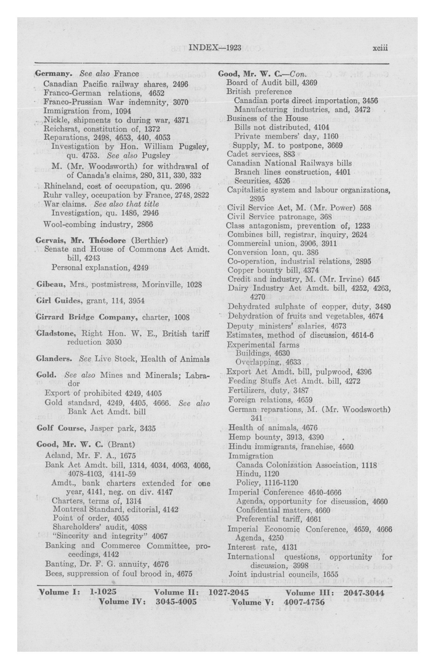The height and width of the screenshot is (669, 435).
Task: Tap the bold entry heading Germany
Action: [x=53, y=74]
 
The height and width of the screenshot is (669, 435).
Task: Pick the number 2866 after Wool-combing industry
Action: [x=145, y=224]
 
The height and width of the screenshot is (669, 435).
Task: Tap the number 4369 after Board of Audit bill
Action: [x=309, y=83]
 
